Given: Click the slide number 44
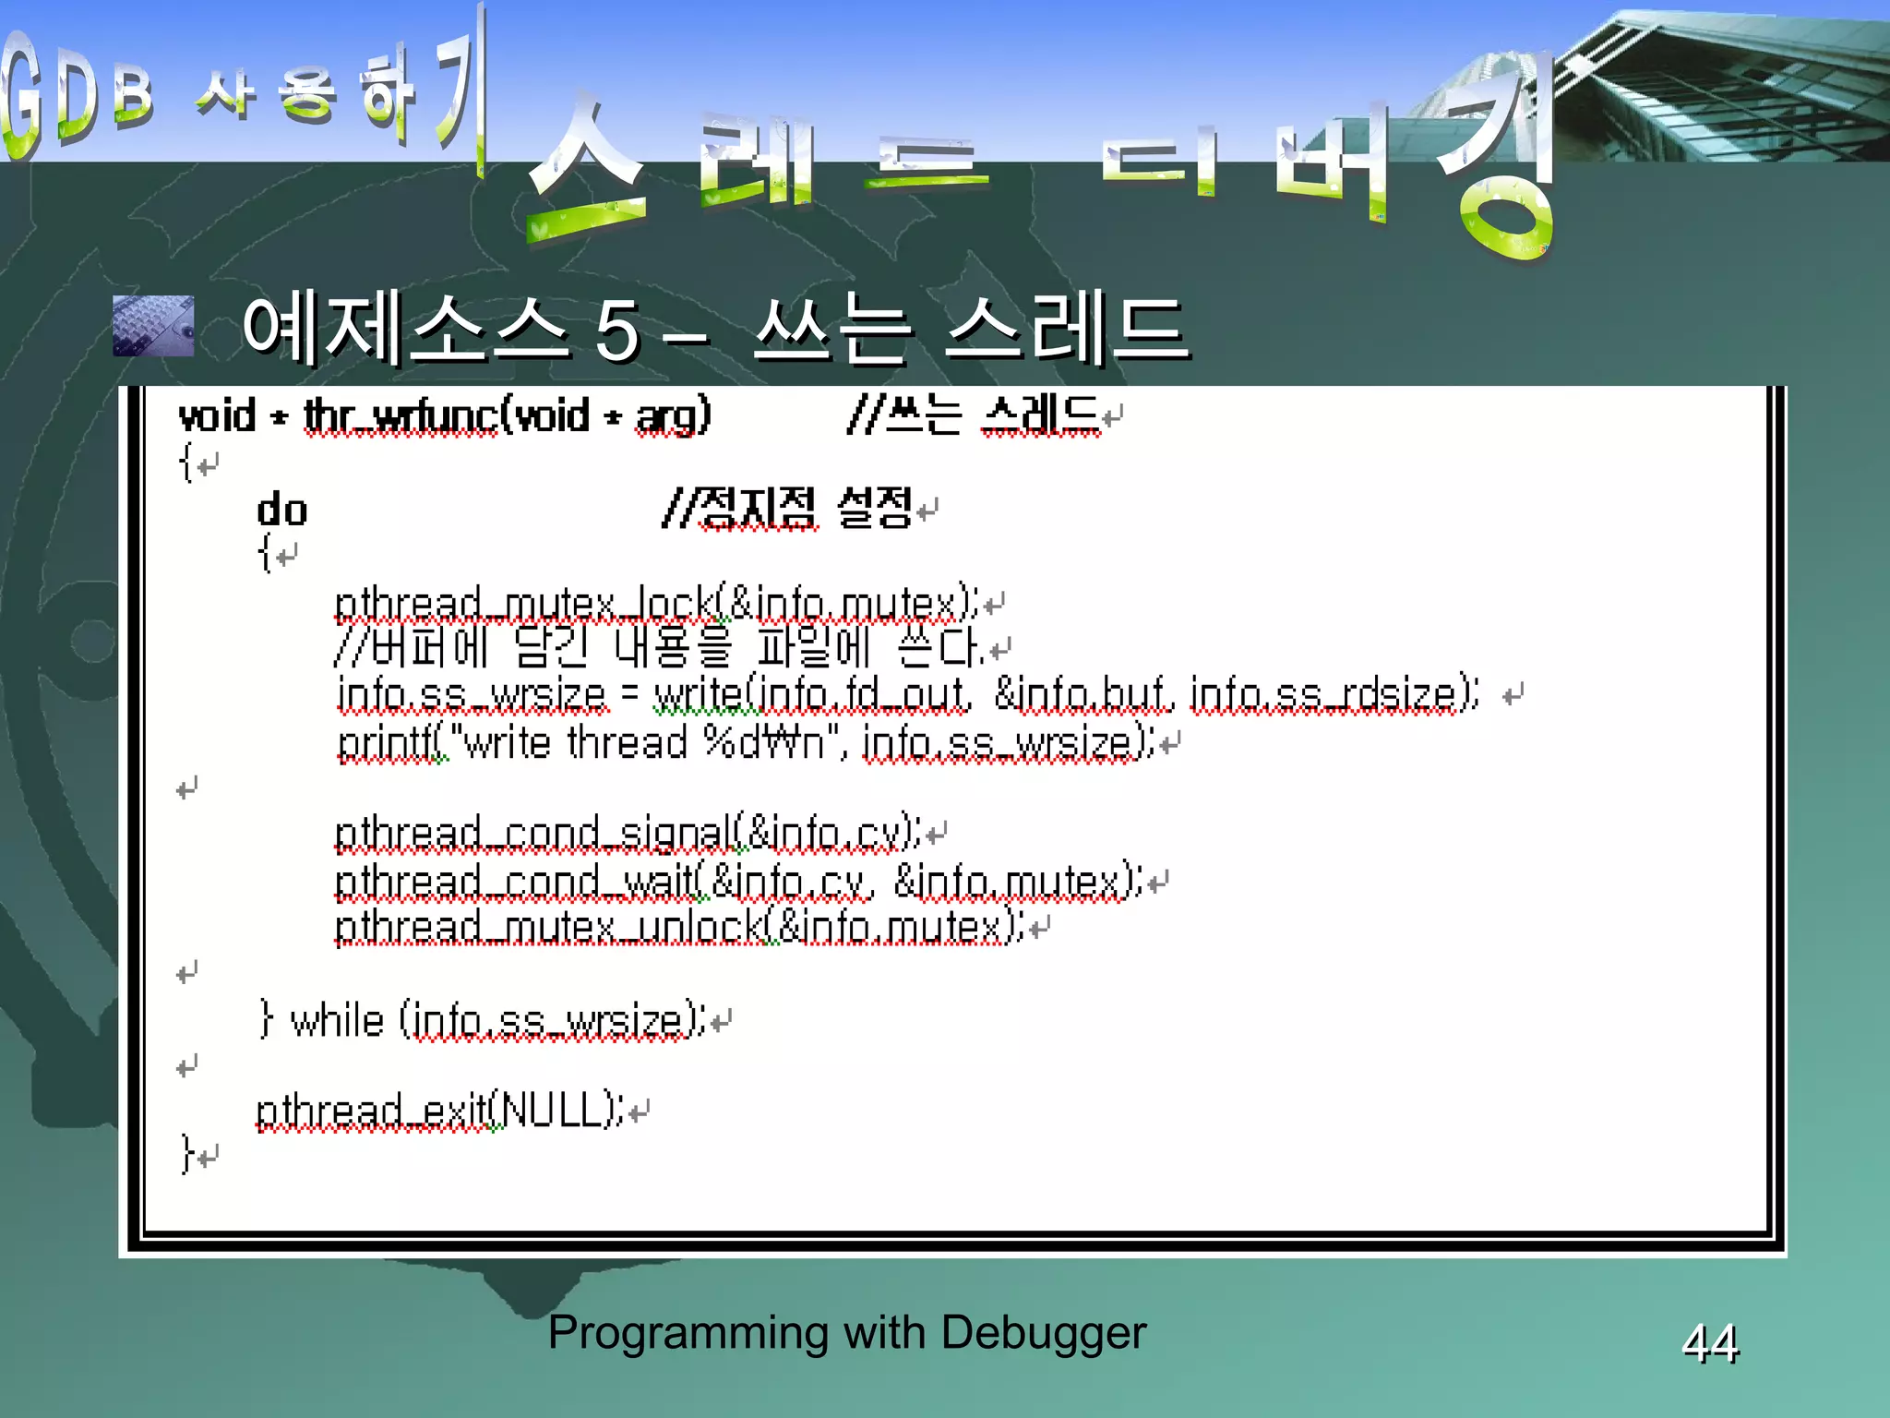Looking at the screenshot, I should click(x=1710, y=1342).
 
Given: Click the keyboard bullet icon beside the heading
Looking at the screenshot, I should click(x=153, y=326).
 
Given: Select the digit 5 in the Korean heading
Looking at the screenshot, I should click(x=616, y=330).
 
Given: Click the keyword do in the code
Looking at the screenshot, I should click(x=281, y=511).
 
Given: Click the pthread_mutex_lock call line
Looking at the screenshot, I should click(x=656, y=604).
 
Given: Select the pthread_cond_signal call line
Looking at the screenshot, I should click(x=628, y=834).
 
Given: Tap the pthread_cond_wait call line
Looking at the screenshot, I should click(x=738, y=881).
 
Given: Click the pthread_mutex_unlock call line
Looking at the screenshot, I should click(x=679, y=927).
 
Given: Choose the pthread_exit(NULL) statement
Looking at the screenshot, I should click(x=439, y=1111).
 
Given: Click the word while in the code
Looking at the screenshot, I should click(x=337, y=1021).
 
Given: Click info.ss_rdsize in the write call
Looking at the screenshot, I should click(x=1334, y=694).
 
